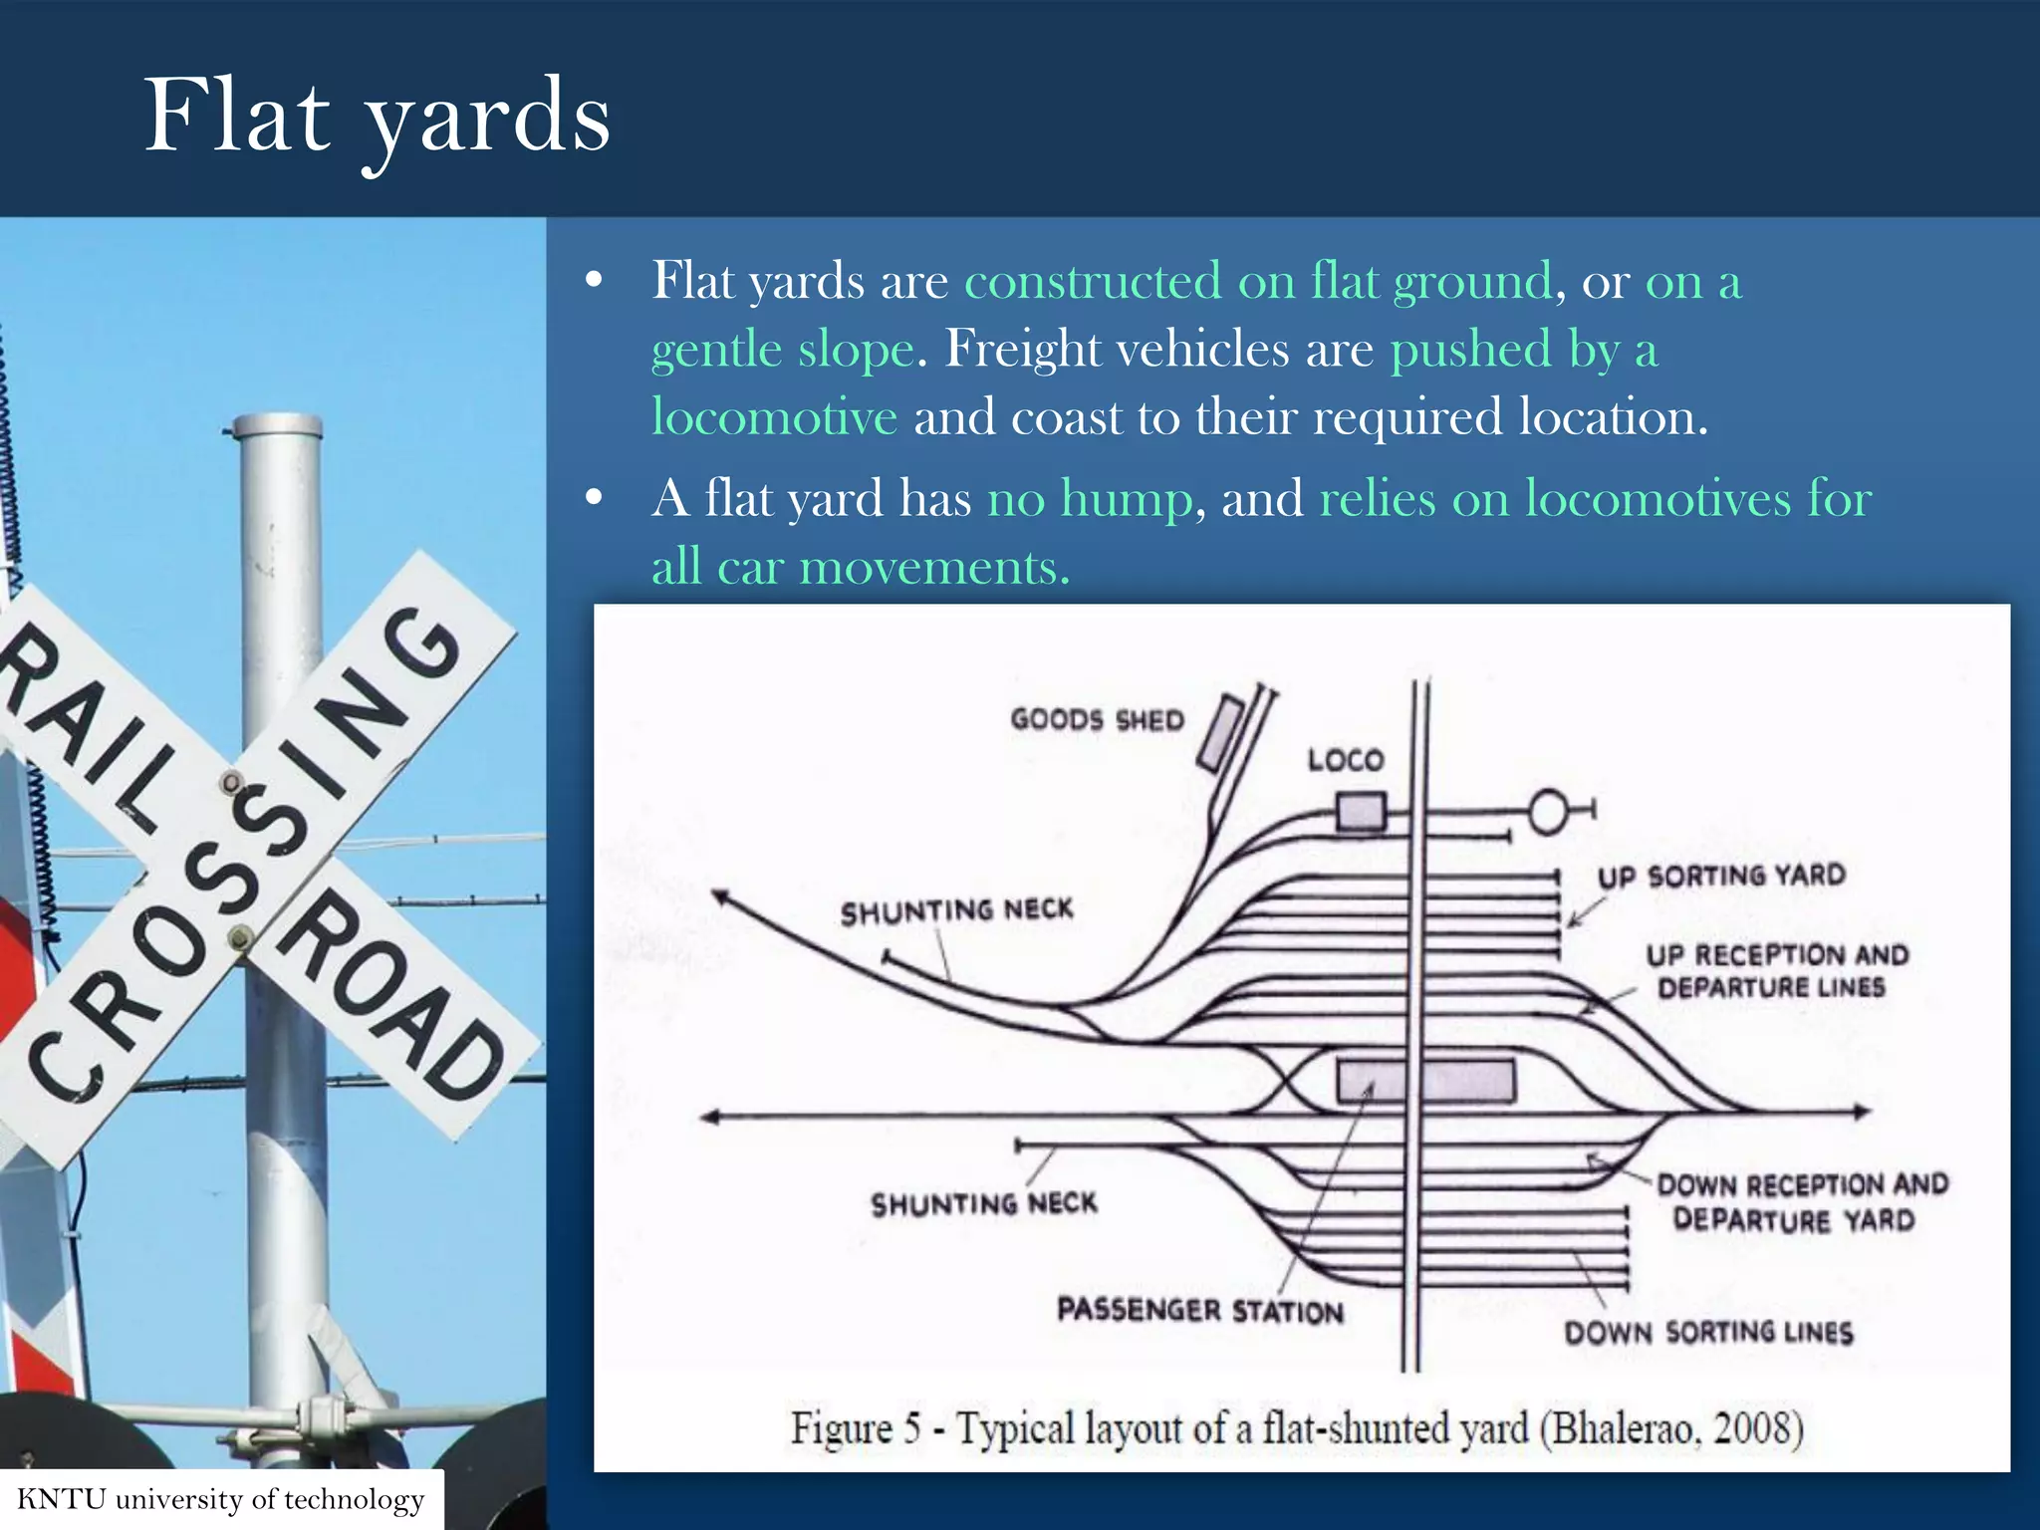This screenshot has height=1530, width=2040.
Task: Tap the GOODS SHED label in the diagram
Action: pyautogui.click(x=1097, y=719)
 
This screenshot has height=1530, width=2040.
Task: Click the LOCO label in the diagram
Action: pyautogui.click(x=1345, y=760)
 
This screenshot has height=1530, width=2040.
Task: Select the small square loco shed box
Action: pyautogui.click(x=1360, y=811)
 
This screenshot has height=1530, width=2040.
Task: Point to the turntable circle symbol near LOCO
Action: pyautogui.click(x=1549, y=811)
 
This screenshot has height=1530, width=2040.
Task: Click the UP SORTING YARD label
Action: pyautogui.click(x=1721, y=876)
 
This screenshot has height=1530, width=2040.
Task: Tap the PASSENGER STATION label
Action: pyautogui.click(x=1199, y=1310)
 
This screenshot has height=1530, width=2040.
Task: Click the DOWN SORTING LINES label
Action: pyautogui.click(x=1707, y=1332)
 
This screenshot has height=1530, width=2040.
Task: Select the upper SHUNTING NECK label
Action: pyautogui.click(x=956, y=910)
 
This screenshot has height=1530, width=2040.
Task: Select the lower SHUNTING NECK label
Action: pyautogui.click(x=983, y=1203)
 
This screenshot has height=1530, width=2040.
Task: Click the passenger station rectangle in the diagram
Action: pyautogui.click(x=1424, y=1081)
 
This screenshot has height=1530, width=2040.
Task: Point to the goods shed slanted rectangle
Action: pyautogui.click(x=1220, y=734)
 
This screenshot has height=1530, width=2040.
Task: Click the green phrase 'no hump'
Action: pyautogui.click(x=1089, y=497)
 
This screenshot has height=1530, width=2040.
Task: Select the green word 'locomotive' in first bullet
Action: pyautogui.click(x=774, y=416)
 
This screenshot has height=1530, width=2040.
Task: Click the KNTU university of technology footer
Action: pyautogui.click(x=220, y=1499)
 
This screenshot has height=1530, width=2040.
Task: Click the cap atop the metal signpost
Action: pyautogui.click(x=275, y=426)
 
